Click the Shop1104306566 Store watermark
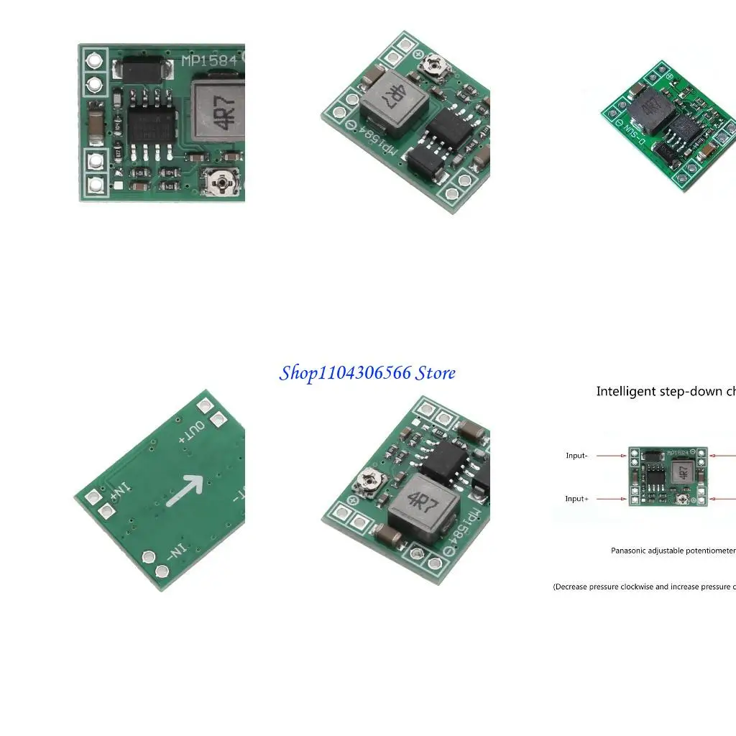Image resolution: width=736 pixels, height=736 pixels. click(367, 373)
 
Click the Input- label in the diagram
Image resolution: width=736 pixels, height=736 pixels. click(576, 456)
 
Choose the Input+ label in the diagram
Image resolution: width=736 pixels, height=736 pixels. click(576, 499)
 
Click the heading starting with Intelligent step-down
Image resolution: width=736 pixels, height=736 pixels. click(665, 392)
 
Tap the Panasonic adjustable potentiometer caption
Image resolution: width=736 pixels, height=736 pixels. click(673, 551)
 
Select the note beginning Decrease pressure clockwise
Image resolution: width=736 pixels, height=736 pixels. click(644, 586)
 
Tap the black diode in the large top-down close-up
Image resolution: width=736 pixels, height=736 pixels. click(144, 69)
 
